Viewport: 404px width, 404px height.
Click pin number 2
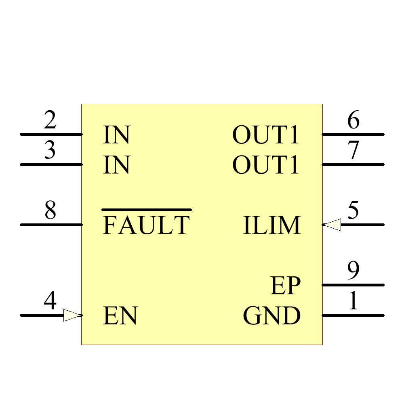pyautogui.click(x=50, y=121)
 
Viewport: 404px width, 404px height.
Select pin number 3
pyautogui.click(x=50, y=151)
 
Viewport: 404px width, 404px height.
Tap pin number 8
pyautogui.click(x=50, y=211)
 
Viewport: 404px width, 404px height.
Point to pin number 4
pyautogui.click(x=50, y=301)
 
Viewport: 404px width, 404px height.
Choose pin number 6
pyautogui.click(x=353, y=121)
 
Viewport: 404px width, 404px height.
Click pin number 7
pyautogui.click(x=353, y=151)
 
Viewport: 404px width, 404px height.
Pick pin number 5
pyautogui.click(x=353, y=211)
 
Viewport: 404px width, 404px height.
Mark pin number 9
pyautogui.click(x=353, y=271)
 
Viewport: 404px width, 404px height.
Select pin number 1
pyautogui.click(x=353, y=301)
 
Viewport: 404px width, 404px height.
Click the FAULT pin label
pyautogui.click(x=146, y=225)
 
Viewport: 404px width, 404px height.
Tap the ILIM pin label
pyautogui.click(x=272, y=225)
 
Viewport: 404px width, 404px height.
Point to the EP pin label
pyautogui.click(x=286, y=286)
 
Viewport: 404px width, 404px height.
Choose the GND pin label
pyautogui.click(x=272, y=316)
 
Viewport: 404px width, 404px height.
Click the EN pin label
pyautogui.click(x=120, y=316)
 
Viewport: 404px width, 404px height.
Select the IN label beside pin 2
pyautogui.click(x=116, y=135)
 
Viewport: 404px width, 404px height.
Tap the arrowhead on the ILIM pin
pyautogui.click(x=332, y=225)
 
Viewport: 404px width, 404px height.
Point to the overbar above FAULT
pyautogui.click(x=146, y=210)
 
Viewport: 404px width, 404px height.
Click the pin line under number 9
pyautogui.click(x=353, y=285)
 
